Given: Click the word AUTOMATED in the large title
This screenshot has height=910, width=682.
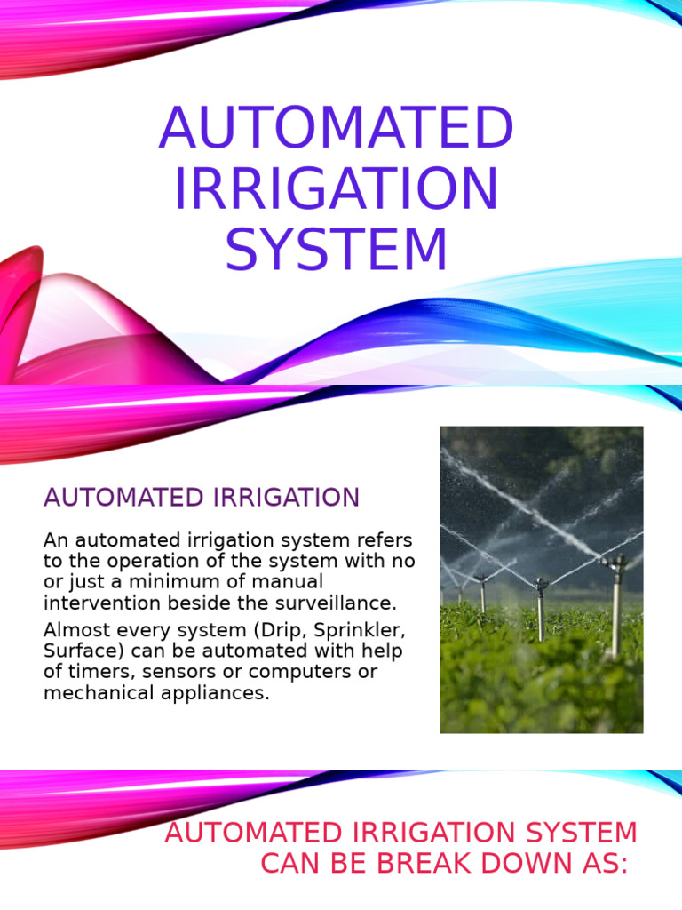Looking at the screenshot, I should pyautogui.click(x=337, y=128).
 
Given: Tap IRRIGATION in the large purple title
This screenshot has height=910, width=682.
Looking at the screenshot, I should pyautogui.click(x=337, y=188).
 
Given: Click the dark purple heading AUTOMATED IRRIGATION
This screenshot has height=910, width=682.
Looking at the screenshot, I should pyautogui.click(x=202, y=498).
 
